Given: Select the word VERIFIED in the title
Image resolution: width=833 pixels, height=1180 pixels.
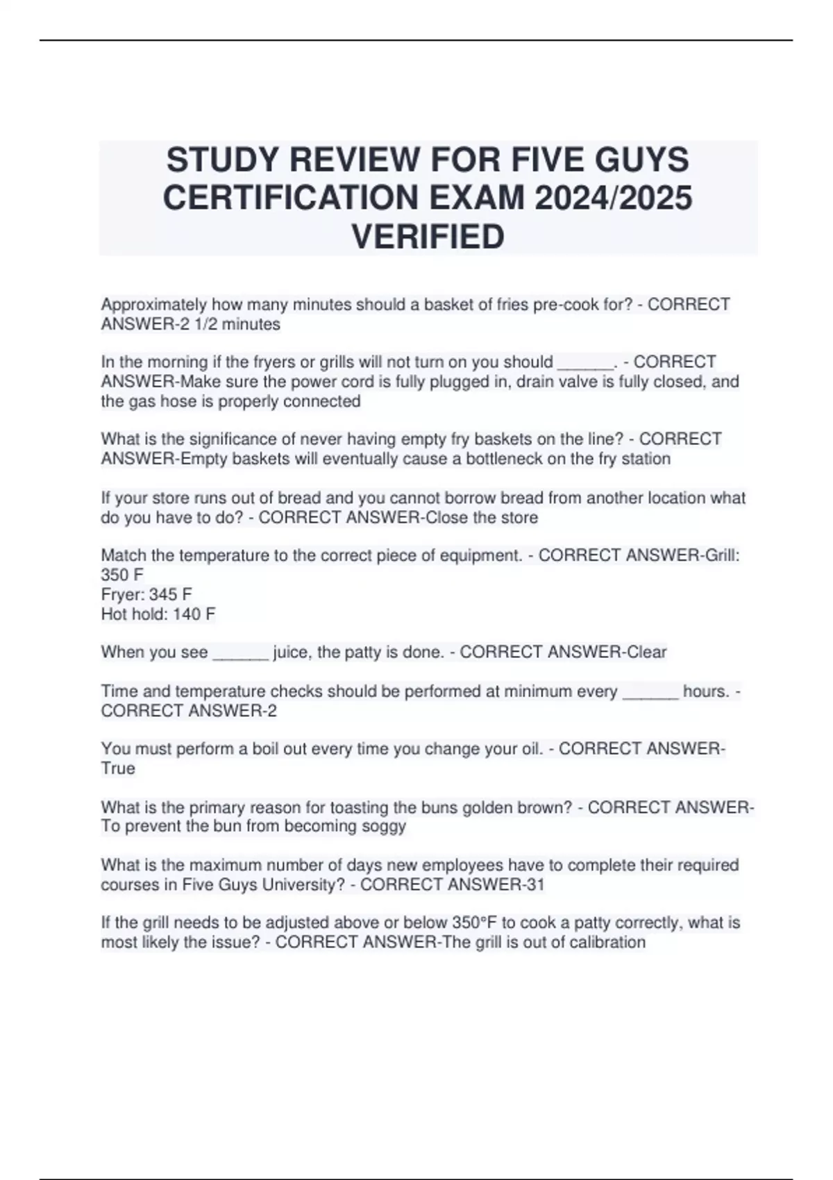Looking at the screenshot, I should (428, 236).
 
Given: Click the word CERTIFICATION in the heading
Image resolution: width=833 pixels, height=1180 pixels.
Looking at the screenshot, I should (291, 198).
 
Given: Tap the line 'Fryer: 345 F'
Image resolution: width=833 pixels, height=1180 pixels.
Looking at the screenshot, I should (146, 594).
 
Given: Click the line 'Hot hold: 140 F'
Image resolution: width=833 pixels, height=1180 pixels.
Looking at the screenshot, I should (158, 614).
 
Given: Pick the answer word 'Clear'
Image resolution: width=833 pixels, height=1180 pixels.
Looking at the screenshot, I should (646, 652).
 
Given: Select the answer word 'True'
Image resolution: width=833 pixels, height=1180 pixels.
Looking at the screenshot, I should (118, 768).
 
